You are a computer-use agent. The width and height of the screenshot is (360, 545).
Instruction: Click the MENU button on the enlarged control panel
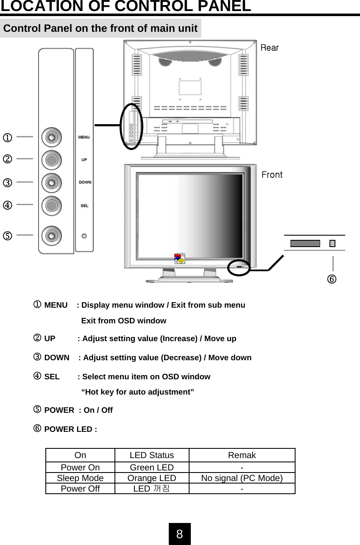[x=51, y=137]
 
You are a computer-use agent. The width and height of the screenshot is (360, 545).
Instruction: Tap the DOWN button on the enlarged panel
[x=51, y=183]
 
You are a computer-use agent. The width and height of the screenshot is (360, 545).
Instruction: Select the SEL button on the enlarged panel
[x=51, y=205]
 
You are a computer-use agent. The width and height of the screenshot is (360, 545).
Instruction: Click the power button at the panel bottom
[x=51, y=235]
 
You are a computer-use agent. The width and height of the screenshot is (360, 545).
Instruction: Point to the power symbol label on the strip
[x=84, y=235]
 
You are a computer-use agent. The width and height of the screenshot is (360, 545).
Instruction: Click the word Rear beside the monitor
[x=269, y=48]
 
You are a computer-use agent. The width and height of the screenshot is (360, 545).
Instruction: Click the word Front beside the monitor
[x=272, y=175]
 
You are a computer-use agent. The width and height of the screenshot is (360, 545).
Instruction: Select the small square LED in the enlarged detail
[x=332, y=243]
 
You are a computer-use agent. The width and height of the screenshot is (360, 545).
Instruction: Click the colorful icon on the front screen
[x=180, y=259]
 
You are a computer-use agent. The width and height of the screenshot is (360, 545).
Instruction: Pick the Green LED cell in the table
[x=151, y=467]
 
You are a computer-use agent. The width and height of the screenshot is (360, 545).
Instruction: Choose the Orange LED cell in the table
[x=151, y=478]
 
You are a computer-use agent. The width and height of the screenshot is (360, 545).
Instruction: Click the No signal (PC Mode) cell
[x=242, y=478]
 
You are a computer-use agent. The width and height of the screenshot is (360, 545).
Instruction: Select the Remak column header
[x=242, y=455]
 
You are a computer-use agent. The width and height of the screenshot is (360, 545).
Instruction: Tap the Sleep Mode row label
[x=80, y=478]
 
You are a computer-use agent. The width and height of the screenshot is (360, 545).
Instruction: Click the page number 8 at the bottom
[x=180, y=534]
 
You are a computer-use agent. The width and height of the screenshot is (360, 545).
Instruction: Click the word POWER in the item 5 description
[x=59, y=410]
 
